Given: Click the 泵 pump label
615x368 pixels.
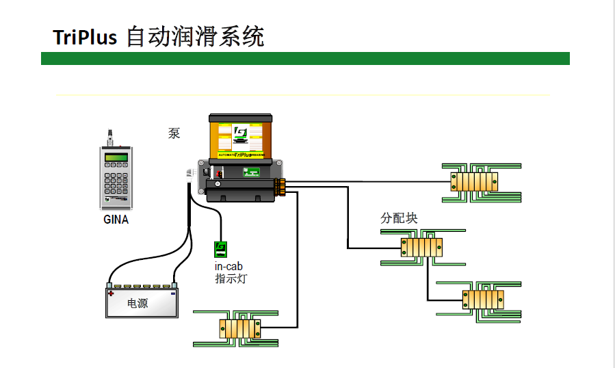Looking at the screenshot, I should coord(174,134).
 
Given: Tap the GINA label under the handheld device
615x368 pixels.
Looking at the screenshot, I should coord(116,220).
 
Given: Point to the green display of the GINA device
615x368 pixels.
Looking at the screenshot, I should coord(116,159).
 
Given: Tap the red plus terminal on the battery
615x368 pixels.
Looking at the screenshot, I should coord(110,293).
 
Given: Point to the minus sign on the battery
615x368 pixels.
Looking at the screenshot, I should coord(172,293).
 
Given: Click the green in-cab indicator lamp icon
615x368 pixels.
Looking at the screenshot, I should coord(220,249).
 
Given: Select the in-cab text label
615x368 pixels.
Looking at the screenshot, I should coord(229,266).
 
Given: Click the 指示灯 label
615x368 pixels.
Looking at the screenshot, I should coord(231,278).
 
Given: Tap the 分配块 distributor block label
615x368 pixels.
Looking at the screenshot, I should coord(399,218).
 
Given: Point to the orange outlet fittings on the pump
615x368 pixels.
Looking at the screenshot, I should coord(280,187).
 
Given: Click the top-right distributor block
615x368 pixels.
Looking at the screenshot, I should coord(473,182).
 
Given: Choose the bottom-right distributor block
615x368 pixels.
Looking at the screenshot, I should coord(483,299).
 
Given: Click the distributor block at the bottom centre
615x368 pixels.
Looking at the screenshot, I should coord(239,328).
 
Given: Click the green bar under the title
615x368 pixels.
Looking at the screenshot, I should coord(305,59).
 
